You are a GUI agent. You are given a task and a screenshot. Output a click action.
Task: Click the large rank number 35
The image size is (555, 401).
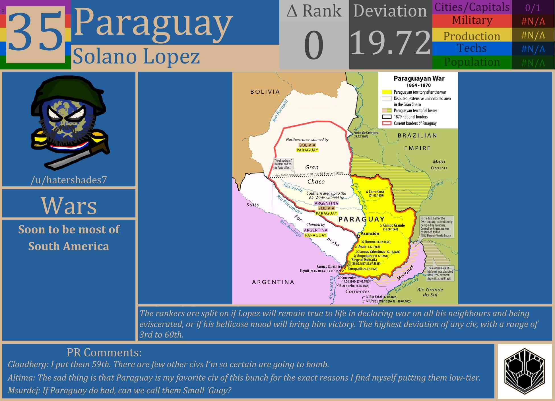(36, 34)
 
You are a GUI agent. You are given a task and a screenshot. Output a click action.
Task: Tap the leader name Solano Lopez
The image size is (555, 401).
(136, 56)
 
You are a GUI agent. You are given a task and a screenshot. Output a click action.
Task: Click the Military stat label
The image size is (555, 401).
(472, 20)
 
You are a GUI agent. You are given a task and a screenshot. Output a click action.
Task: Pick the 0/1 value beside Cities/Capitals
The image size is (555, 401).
(533, 7)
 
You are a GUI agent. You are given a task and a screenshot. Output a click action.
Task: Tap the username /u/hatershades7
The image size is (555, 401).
(69, 180)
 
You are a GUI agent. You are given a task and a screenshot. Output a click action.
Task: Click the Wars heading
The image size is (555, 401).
(69, 205)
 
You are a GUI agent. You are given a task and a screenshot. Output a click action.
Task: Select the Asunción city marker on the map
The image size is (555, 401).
(358, 236)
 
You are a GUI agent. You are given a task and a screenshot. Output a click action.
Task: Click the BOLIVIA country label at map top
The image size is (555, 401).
(265, 92)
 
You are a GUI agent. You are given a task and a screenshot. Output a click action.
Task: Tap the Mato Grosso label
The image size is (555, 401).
(439, 165)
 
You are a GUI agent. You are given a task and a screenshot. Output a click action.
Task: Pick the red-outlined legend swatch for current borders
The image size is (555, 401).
(387, 124)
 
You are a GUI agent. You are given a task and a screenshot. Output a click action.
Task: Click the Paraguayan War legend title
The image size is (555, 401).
(419, 79)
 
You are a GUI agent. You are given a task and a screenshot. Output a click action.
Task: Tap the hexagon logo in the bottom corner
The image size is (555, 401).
(525, 371)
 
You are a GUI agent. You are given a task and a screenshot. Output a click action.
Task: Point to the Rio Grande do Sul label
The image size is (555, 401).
(430, 292)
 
